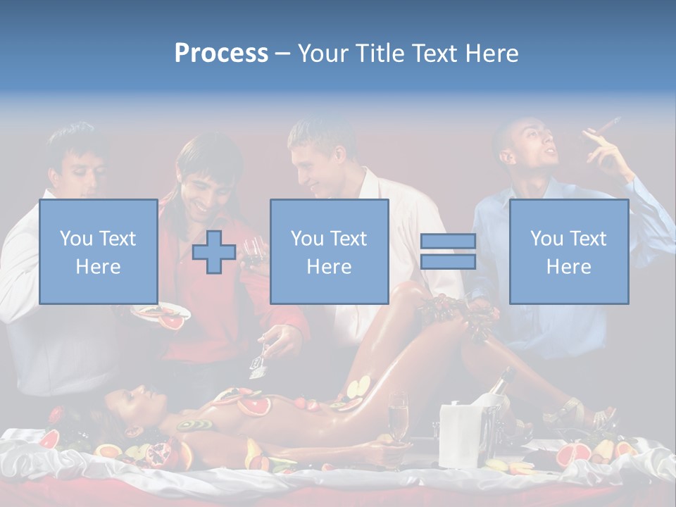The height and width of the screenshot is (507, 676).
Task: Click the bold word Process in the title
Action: click(x=221, y=53)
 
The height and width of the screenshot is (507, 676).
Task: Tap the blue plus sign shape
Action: click(x=214, y=251)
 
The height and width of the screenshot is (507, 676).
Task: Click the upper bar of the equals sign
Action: click(x=448, y=241)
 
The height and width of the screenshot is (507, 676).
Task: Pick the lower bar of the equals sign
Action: click(x=448, y=261)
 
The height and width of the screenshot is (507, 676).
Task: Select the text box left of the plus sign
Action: click(x=98, y=251)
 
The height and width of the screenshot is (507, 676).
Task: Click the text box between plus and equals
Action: click(x=329, y=251)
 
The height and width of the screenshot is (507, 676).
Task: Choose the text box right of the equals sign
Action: click(x=568, y=251)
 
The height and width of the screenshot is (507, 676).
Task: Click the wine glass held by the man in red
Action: click(x=252, y=249)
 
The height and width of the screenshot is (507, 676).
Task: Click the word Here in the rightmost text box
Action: click(x=568, y=266)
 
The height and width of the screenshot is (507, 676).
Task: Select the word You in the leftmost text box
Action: click(x=75, y=238)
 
